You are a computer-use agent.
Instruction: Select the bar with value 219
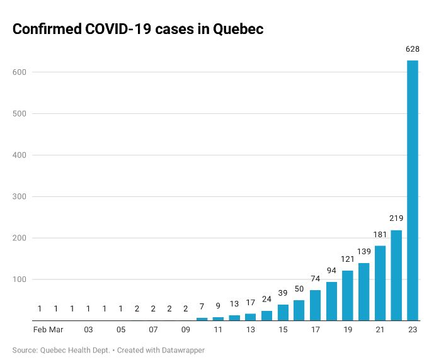pos(396,275)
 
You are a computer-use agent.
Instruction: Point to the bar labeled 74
pos(315,305)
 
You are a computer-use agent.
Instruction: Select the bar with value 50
pos(299,310)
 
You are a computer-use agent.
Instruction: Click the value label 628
pos(413,48)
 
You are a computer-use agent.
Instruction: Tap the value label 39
pos(283,293)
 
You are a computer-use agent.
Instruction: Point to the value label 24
pos(266,300)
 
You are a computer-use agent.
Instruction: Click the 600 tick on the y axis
pos(20,72)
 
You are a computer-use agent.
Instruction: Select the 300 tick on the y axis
pos(20,196)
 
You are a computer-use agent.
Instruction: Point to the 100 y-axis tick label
pos(20,279)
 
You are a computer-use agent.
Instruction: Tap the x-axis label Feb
pos(40,330)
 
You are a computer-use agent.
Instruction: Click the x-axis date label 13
pos(250,330)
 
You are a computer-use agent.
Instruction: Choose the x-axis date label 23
pos(413,330)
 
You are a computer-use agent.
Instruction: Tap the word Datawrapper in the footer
pos(183,350)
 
